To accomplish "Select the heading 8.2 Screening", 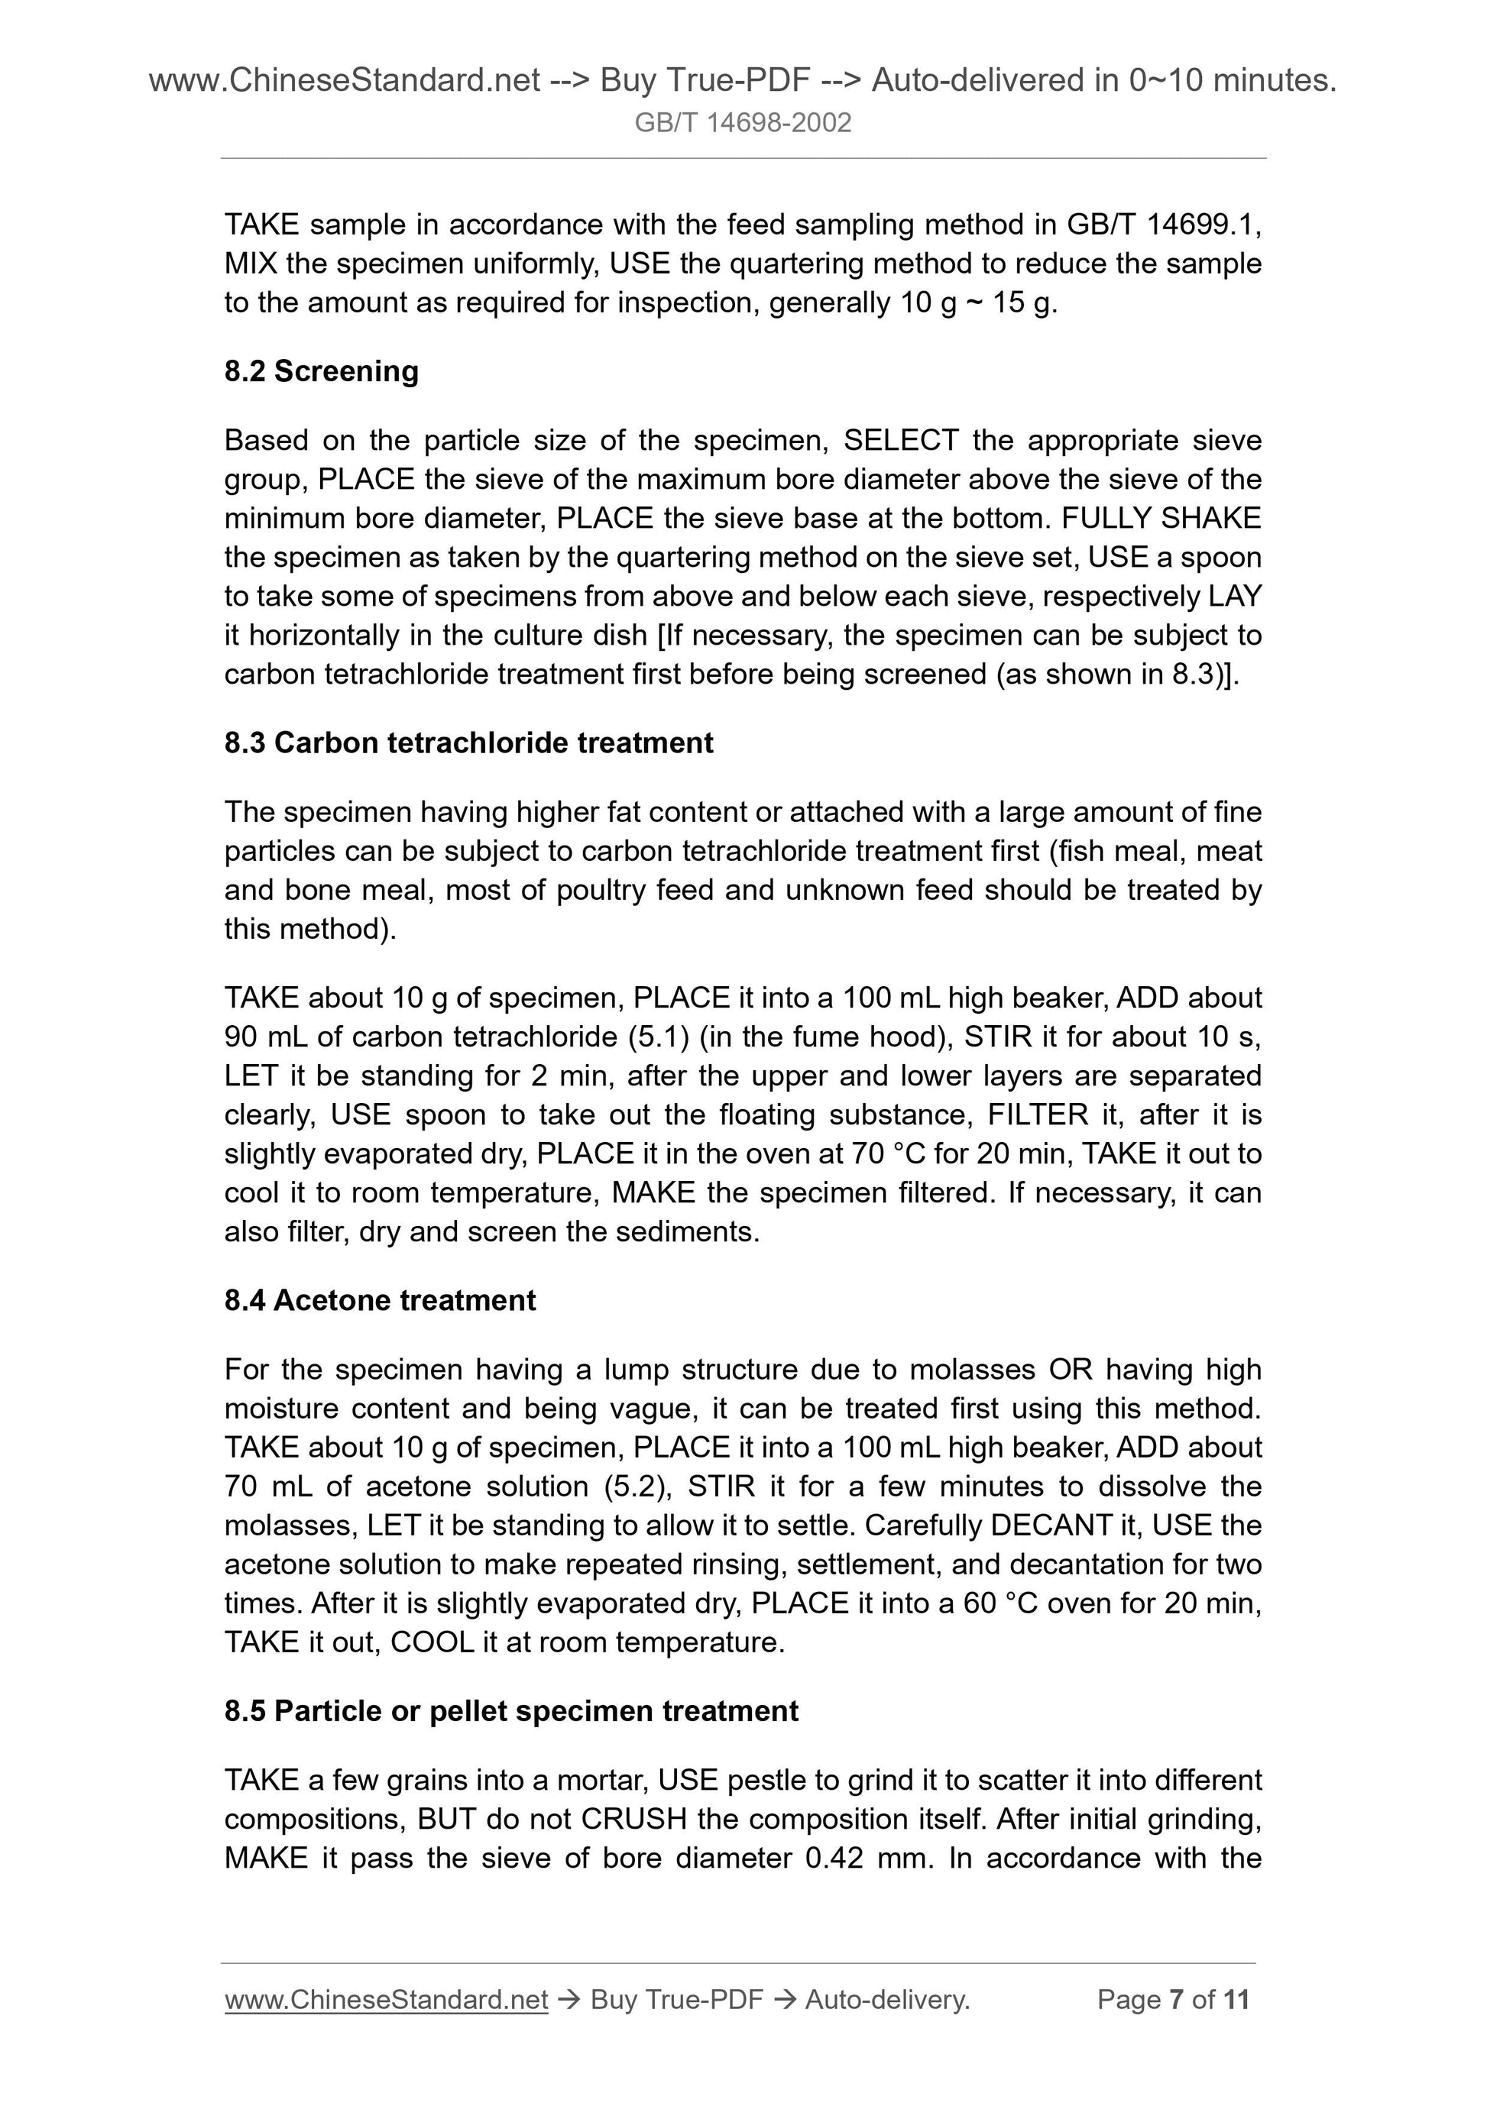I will click(x=322, y=371).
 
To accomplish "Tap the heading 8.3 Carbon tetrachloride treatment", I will click(x=468, y=742).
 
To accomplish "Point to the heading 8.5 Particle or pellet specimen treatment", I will click(x=511, y=1710).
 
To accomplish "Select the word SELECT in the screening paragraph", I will click(x=901, y=441).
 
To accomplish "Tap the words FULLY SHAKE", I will click(x=1161, y=519).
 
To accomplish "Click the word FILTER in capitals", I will click(x=1037, y=1115).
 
